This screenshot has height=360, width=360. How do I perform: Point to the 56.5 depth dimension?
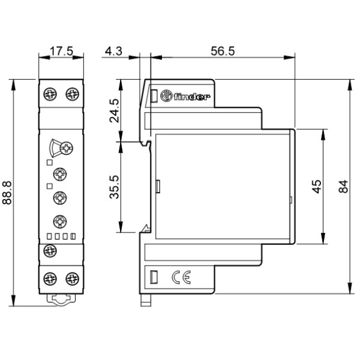tap(223, 52)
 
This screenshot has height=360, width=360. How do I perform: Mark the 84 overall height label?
tap(343, 187)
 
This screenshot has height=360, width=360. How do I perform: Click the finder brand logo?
tap(191, 96)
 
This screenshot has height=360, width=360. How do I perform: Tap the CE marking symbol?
tap(181, 277)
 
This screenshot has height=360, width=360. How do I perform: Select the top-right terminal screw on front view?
tap(71, 94)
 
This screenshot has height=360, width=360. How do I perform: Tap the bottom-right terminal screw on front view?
tap(71, 279)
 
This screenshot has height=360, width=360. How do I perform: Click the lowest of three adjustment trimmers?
tap(61, 220)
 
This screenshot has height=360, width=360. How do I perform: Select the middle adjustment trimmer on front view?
tap(61, 197)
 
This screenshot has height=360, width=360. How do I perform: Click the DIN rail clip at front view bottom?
tap(61, 299)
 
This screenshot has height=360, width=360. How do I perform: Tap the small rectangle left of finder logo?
tap(154, 96)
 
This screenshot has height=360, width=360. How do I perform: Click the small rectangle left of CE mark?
tap(154, 277)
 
